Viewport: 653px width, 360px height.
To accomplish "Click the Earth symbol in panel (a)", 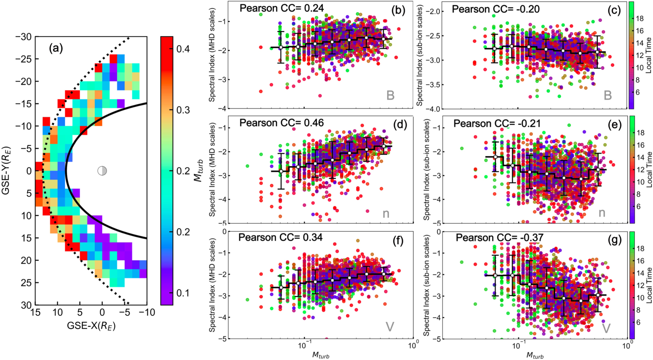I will [x=102, y=170].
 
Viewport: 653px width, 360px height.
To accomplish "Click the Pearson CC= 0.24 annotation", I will [x=282, y=8].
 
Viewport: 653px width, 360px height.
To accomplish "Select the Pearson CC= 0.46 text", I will [x=282, y=123].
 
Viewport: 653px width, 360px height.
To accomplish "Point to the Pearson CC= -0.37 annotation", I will [x=499, y=238].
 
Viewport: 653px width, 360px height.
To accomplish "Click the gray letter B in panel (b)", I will [x=390, y=95].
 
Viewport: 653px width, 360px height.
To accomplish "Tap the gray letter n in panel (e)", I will [x=602, y=213].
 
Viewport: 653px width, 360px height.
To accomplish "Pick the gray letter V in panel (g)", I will [x=606, y=328].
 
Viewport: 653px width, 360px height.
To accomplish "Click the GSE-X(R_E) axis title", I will [x=91, y=326].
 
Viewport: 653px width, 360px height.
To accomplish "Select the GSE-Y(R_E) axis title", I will [x=6, y=170].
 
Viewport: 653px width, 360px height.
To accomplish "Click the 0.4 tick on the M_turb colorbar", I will [x=183, y=49].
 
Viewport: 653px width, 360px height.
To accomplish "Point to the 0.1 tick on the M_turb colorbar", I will [x=183, y=293].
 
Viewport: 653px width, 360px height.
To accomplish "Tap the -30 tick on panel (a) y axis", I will [x=24, y=37].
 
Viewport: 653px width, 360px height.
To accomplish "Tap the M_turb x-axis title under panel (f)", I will [x=320, y=355].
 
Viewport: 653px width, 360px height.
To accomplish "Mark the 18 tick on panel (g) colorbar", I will [x=640, y=248].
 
